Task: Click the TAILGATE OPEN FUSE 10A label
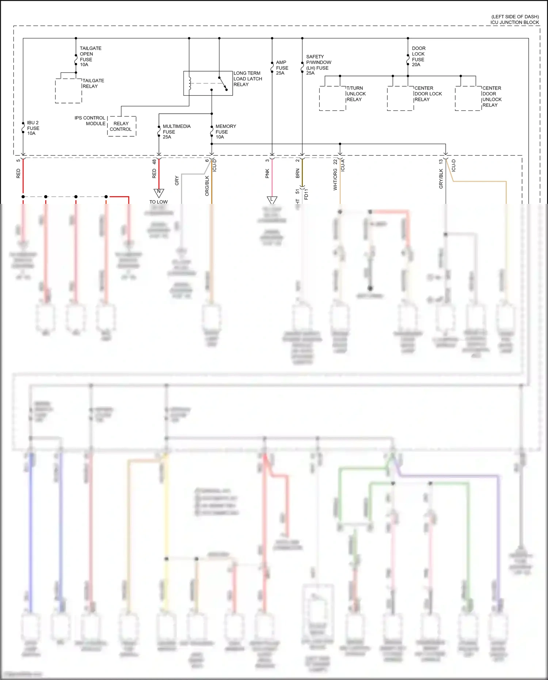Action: click(90, 56)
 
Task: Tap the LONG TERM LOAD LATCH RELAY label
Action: click(248, 79)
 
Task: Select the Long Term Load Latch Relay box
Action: click(208, 83)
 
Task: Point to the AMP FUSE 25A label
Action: click(282, 68)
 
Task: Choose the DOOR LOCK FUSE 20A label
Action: click(418, 56)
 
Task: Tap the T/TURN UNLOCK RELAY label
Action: click(356, 94)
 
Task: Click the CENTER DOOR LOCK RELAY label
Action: click(428, 94)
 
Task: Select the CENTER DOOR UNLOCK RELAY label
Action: click(492, 97)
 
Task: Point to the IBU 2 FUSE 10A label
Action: click(33, 128)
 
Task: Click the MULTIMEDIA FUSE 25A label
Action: click(176, 132)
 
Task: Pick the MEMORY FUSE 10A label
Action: click(225, 132)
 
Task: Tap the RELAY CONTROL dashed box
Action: click(122, 126)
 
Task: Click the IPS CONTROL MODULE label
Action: click(90, 121)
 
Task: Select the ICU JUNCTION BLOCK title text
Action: click(514, 22)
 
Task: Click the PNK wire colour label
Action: click(267, 174)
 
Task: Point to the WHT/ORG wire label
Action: click(335, 179)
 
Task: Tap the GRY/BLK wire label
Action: click(441, 179)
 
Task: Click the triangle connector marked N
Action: click(159, 192)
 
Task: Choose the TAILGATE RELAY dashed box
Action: click(68, 91)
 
